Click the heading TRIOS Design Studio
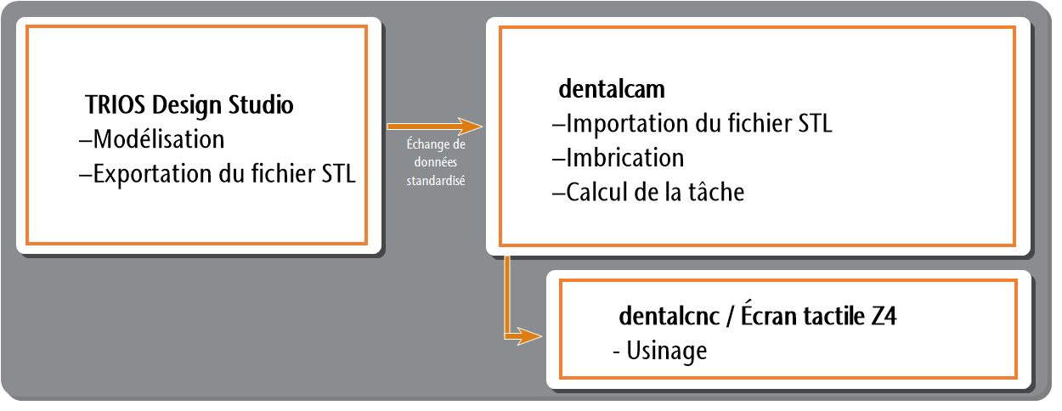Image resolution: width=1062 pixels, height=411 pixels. (x=189, y=104)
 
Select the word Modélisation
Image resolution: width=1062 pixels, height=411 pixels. (x=158, y=139)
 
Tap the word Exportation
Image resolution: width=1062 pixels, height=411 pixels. (x=152, y=174)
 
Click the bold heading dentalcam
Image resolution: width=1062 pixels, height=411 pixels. (x=612, y=89)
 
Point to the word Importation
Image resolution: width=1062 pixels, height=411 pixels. (x=627, y=124)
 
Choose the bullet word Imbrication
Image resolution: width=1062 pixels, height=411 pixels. (x=624, y=158)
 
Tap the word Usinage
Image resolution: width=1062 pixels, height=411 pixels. (x=667, y=352)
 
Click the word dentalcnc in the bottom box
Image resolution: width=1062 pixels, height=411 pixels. (x=669, y=316)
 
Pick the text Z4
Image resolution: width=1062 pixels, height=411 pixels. (x=884, y=316)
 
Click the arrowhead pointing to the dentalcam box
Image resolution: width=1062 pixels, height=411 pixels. (x=470, y=126)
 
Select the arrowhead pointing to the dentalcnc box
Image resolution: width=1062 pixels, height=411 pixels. (x=529, y=336)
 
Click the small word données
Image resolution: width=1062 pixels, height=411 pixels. (x=436, y=162)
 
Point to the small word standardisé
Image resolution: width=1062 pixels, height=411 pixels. (x=436, y=181)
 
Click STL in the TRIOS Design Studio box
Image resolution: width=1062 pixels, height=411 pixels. (x=338, y=174)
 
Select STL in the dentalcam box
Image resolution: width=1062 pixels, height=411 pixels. (x=815, y=124)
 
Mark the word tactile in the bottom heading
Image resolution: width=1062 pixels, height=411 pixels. (x=834, y=316)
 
